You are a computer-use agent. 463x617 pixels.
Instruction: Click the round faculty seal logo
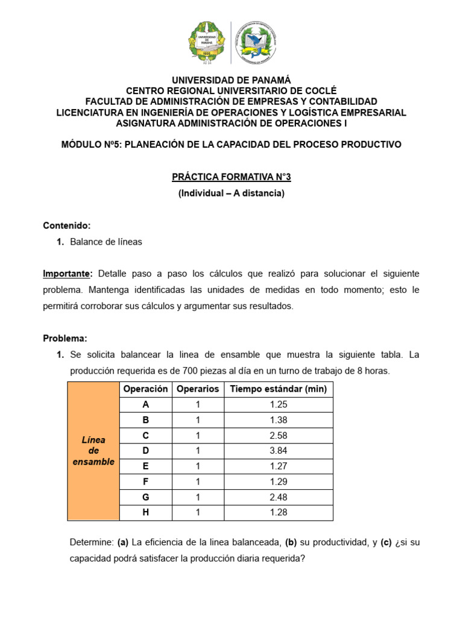coord(257,43)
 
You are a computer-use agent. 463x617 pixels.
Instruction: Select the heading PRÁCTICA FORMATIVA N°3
coord(231,177)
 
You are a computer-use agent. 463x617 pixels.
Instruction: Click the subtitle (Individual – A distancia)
coord(231,193)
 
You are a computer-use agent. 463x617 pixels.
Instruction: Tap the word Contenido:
coord(66,225)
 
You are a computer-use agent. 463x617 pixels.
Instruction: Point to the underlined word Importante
coord(66,274)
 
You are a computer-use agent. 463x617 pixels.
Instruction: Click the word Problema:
coord(65,339)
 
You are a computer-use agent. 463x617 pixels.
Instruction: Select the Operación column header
coord(145,389)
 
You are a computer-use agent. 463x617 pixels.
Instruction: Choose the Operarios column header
coord(197,389)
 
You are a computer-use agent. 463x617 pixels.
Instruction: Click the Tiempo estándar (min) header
coord(278,389)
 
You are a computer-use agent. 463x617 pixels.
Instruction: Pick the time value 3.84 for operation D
coord(278,451)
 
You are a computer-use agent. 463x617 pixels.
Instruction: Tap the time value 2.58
coord(278,435)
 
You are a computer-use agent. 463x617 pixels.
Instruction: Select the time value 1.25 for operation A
coord(278,404)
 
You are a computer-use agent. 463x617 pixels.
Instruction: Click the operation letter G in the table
coord(145,497)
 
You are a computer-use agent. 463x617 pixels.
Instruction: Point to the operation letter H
coord(145,513)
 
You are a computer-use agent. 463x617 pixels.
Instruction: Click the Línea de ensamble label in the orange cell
coord(93,451)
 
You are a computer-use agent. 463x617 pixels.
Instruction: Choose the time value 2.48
coord(278,497)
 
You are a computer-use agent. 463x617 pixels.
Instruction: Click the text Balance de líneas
coord(106,242)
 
